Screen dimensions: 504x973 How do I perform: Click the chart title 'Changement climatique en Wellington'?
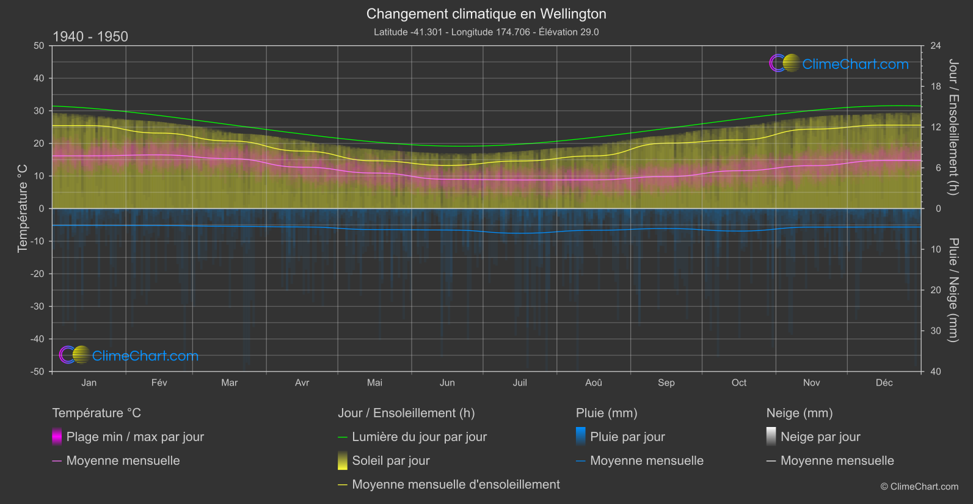click(486, 14)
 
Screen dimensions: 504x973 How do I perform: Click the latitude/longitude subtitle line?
click(486, 32)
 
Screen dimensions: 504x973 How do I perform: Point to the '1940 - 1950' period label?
click(90, 37)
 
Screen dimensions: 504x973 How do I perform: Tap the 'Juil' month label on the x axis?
click(520, 382)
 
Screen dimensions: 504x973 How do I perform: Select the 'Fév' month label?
click(159, 382)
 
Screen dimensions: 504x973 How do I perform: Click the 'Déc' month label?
click(884, 382)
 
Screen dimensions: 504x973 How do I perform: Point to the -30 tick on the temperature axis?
click(38, 307)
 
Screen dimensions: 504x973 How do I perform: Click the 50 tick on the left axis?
click(39, 46)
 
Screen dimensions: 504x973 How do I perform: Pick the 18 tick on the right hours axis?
click(936, 87)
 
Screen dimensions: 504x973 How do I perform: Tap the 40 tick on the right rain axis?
click(936, 371)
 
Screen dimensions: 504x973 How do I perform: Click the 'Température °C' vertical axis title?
click(23, 208)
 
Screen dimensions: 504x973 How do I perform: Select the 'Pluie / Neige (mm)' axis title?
click(953, 290)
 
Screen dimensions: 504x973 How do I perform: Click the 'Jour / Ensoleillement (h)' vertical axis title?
click(953, 127)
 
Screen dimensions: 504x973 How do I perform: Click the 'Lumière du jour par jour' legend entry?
click(419, 437)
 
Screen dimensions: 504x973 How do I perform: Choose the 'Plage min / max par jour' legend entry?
click(135, 437)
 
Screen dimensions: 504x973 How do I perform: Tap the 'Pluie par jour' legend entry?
click(627, 437)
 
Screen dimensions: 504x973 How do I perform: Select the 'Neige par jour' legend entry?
click(820, 437)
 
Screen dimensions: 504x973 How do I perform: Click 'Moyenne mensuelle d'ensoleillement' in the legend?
click(456, 484)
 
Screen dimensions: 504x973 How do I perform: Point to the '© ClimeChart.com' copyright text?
click(919, 487)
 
